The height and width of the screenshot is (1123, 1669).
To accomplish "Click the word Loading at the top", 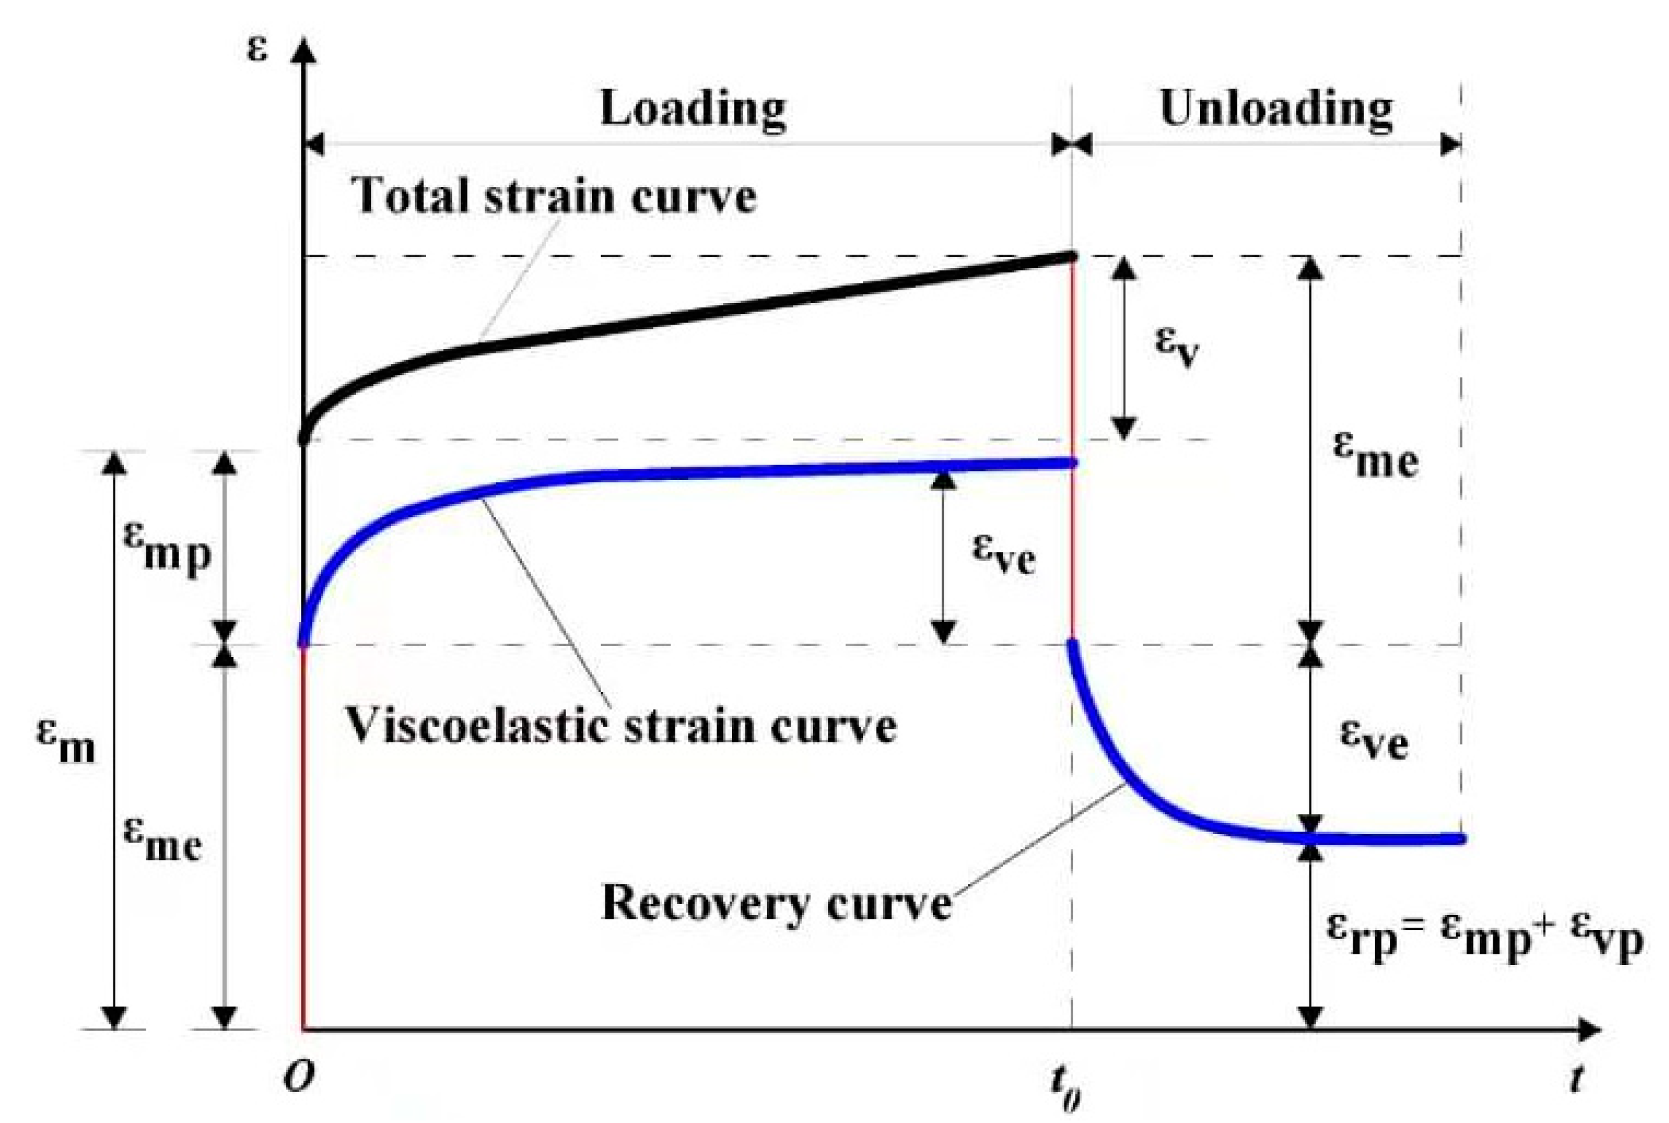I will point(693,109).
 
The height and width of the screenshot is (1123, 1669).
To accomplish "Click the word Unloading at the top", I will point(1276,109).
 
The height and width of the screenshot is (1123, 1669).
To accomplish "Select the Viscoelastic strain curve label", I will point(621,726).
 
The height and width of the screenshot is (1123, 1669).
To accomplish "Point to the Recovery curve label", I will point(776,904).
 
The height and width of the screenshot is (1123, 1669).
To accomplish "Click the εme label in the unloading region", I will point(1375,458).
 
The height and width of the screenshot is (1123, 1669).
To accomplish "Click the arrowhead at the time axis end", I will point(1589,1031).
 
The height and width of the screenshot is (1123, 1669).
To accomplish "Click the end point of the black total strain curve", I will point(1072,257).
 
